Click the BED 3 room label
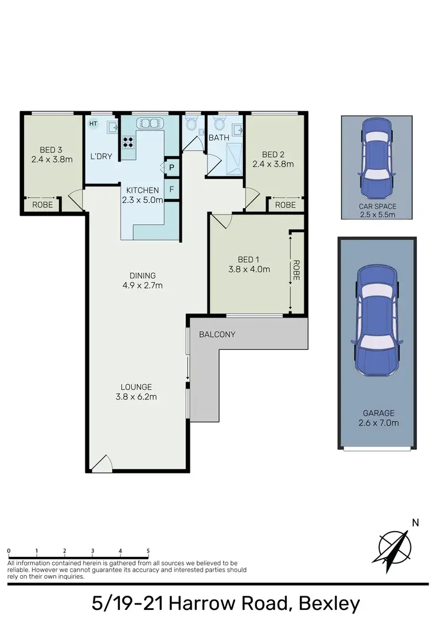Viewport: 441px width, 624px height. click(x=52, y=149)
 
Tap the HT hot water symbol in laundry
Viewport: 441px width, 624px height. click(x=92, y=124)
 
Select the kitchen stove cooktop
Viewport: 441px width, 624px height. click(x=128, y=142)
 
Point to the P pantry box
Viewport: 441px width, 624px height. click(x=172, y=168)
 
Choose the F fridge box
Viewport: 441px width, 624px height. click(x=172, y=189)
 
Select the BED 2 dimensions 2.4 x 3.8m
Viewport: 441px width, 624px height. click(x=272, y=164)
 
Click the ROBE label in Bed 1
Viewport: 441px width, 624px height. click(x=296, y=270)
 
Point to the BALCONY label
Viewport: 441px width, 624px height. click(x=217, y=335)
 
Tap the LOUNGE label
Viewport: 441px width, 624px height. click(x=136, y=387)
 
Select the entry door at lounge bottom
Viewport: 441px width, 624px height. click(x=101, y=464)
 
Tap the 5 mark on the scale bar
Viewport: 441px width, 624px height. click(x=148, y=551)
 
